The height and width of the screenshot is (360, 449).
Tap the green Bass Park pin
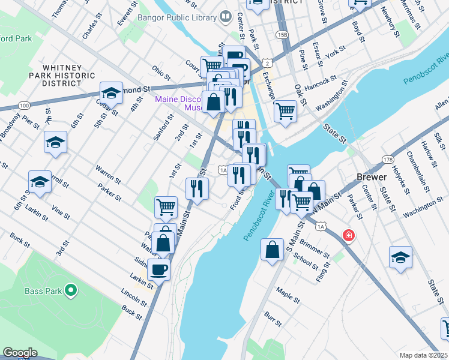[x=71, y=292]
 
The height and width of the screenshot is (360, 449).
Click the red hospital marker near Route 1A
[x=348, y=236]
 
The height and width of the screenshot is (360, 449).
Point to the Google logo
[x=20, y=353]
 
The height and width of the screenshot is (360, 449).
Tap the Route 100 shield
[x=24, y=105]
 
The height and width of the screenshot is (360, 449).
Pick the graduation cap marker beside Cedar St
[x=111, y=92]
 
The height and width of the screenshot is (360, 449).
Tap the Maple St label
[x=289, y=295]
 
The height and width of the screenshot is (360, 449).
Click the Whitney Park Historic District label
[x=62, y=76]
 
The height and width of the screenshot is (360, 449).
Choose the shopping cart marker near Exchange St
[x=285, y=110]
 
